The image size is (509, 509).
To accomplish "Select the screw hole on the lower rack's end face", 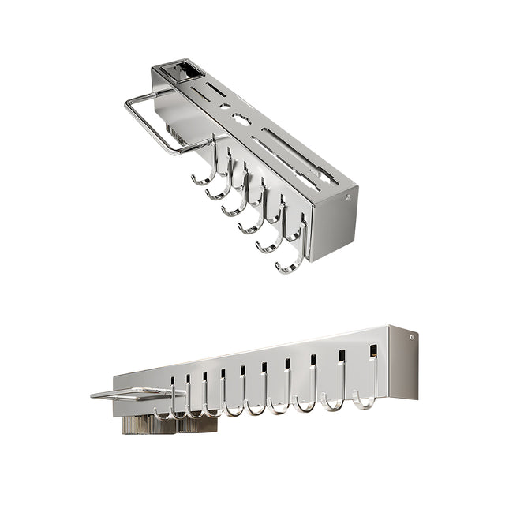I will pyautogui.click(x=411, y=337).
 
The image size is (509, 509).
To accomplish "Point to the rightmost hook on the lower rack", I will pyautogui.click(x=365, y=399).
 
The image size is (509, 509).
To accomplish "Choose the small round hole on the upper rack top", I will pyautogui.click(x=225, y=107).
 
